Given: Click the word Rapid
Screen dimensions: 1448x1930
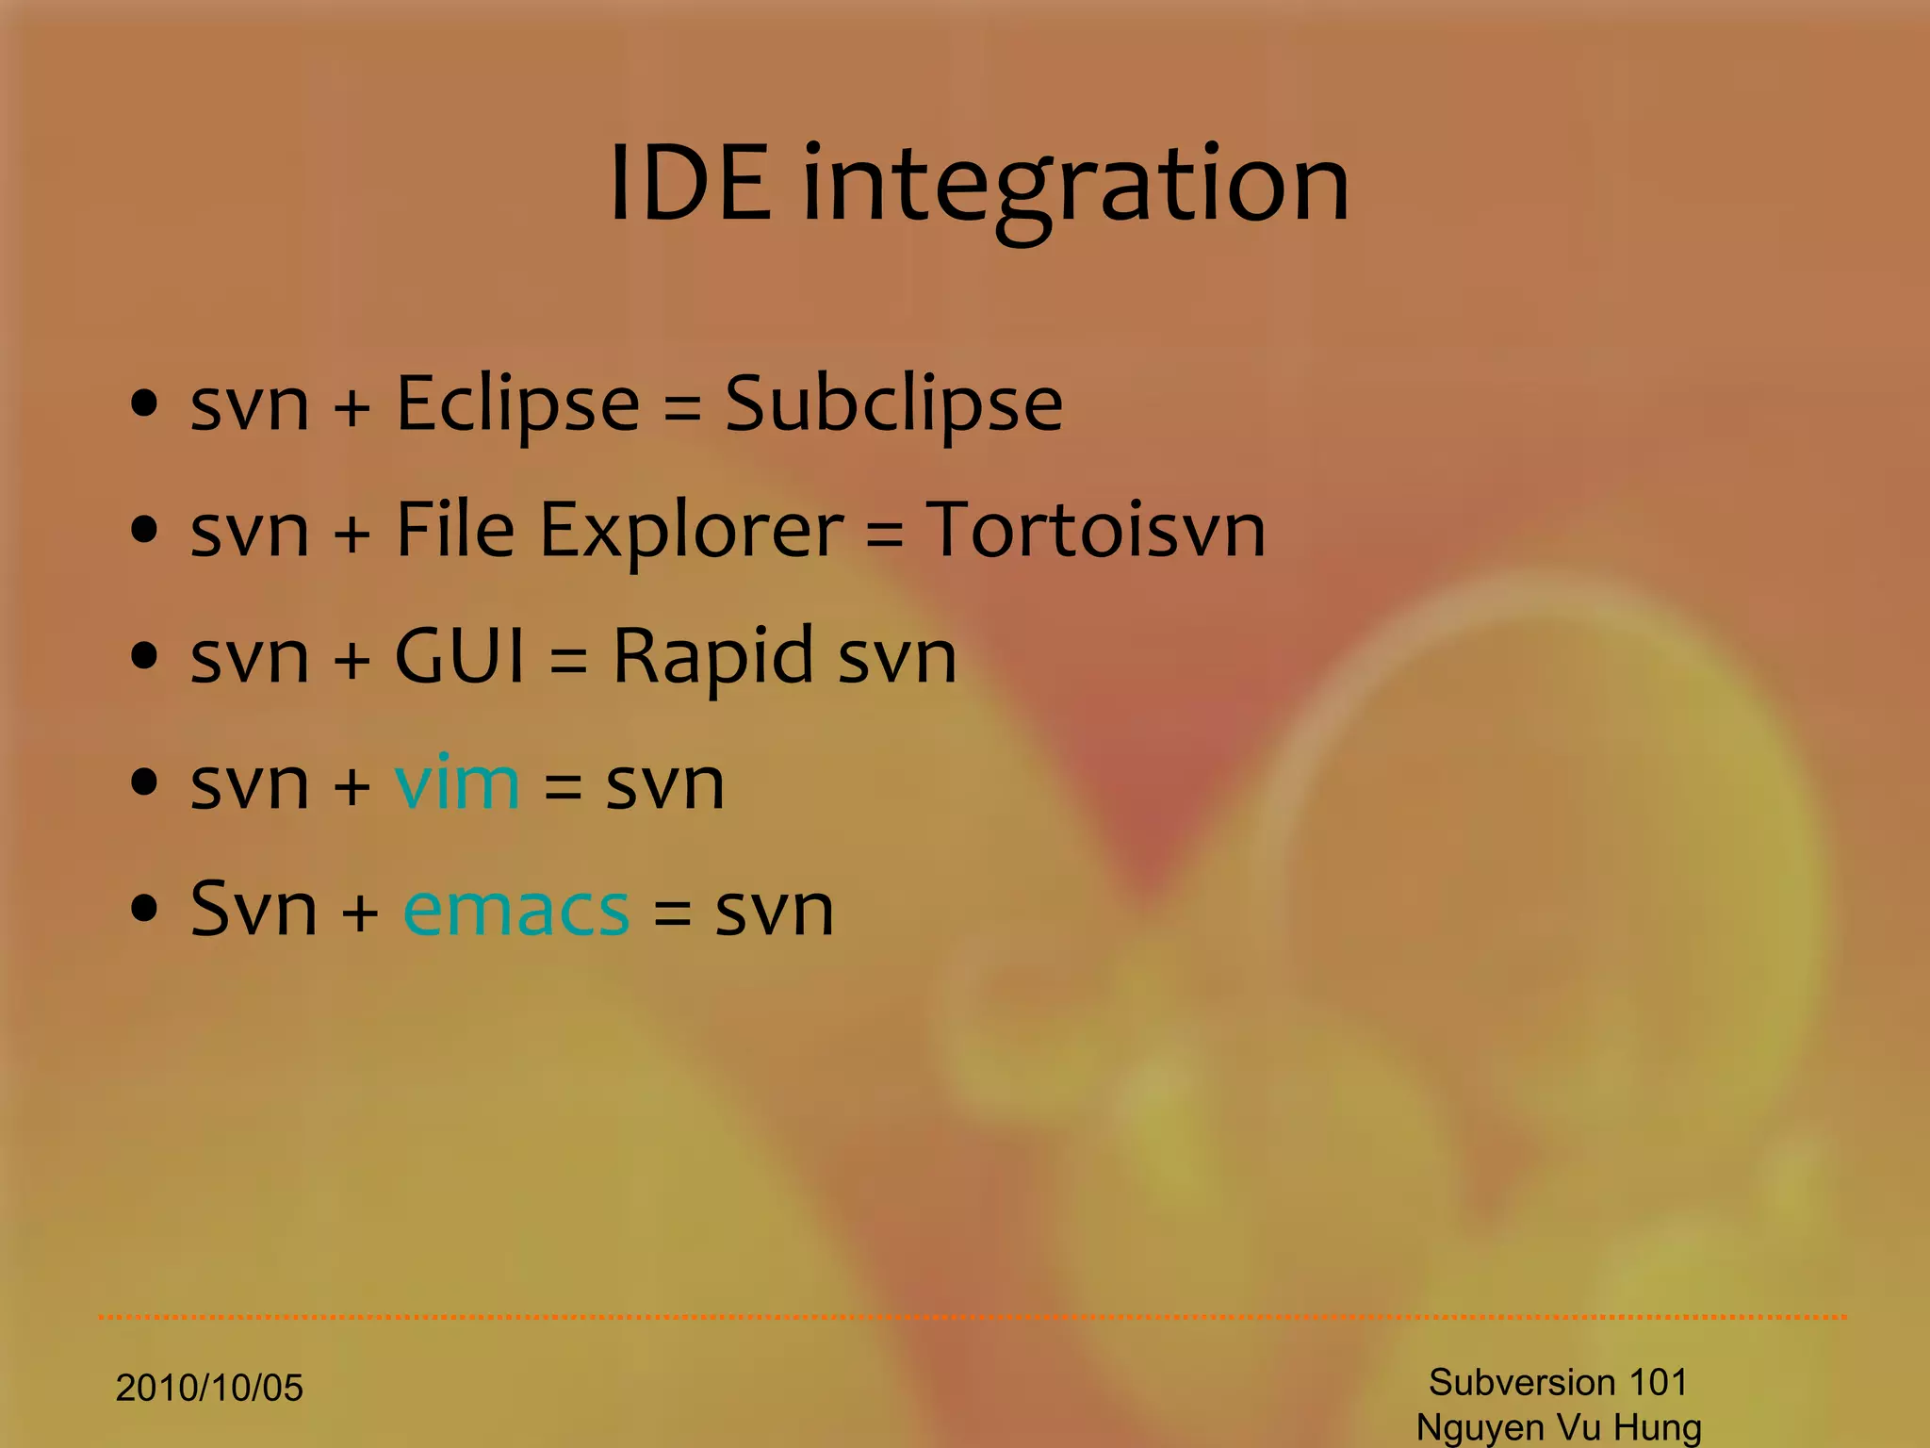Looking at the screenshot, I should click(712, 657).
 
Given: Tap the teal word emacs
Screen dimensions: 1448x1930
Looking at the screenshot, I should click(515, 911).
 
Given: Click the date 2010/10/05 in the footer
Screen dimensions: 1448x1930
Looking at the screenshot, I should click(209, 1388).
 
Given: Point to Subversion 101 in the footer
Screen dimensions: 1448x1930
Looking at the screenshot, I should click(1558, 1382).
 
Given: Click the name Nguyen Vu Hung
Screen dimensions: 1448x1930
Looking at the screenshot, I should click(1559, 1427).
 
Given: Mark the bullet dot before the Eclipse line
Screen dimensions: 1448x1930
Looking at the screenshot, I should click(144, 404).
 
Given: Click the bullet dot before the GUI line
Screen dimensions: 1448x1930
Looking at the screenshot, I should click(144, 656).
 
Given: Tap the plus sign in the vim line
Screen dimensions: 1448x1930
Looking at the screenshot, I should click(352, 785).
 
